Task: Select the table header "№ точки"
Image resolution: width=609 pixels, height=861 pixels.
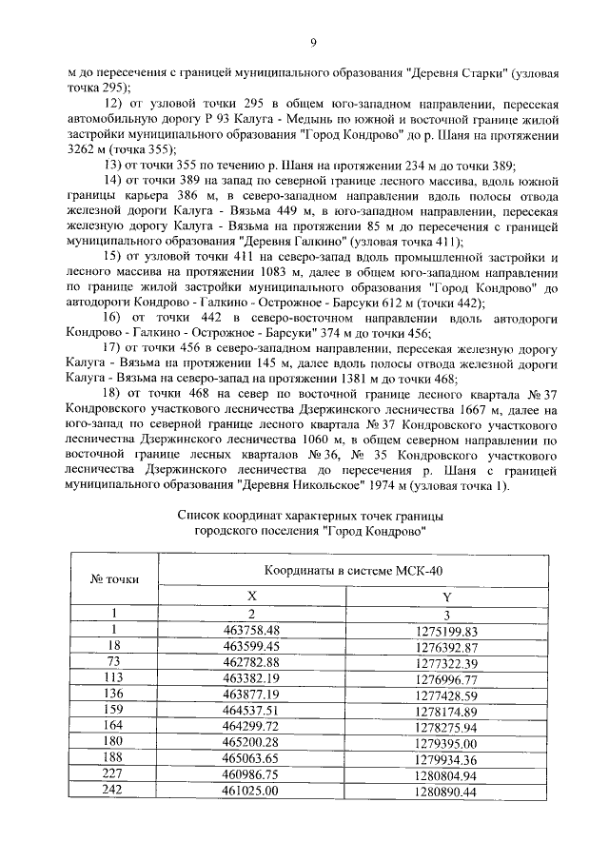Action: coord(113,577)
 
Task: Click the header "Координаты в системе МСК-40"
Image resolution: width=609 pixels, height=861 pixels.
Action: coord(352,569)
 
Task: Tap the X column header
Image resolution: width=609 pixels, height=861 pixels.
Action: coord(252,595)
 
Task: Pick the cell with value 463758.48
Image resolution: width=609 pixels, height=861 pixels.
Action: coord(252,631)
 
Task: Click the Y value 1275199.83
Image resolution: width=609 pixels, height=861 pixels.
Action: coord(446,631)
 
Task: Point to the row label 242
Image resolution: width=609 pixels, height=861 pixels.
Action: coord(113,790)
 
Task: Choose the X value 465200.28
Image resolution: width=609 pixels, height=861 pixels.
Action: coord(252,741)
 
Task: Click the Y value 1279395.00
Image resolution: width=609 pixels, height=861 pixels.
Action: coord(446,741)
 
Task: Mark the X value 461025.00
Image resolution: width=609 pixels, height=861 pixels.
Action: coord(252,790)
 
